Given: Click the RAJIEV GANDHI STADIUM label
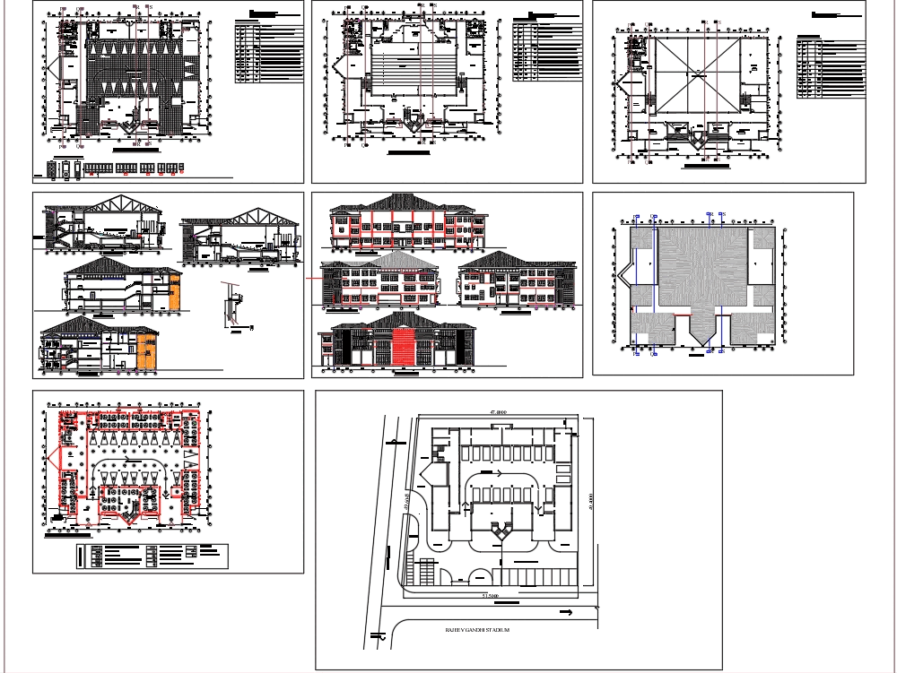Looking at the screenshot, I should [x=477, y=631].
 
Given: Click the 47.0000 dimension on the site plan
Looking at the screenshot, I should [x=498, y=412].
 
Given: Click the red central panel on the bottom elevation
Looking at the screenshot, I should [x=404, y=347].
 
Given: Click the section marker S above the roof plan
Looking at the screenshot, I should [x=722, y=215].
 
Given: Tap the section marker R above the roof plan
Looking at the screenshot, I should [x=710, y=215].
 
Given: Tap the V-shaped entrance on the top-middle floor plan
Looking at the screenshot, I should [x=414, y=125].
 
